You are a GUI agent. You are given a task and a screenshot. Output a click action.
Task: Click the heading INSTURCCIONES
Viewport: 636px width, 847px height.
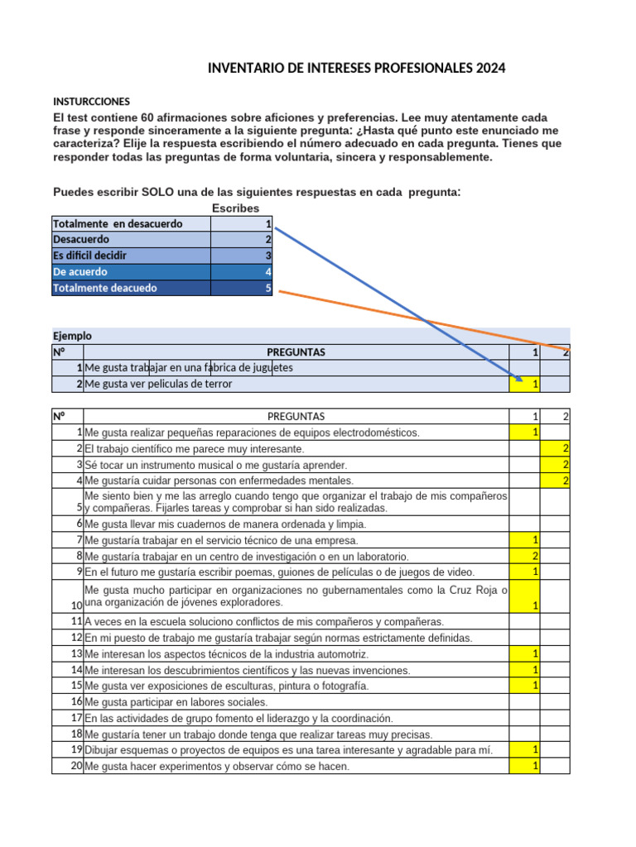point(89,100)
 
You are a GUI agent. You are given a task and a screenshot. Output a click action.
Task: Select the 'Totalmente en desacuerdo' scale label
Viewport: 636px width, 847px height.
point(118,224)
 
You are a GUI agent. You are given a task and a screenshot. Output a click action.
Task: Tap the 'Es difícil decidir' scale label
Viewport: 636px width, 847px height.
point(89,256)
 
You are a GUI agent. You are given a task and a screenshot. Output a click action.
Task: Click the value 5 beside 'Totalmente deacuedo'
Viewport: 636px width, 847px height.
point(267,288)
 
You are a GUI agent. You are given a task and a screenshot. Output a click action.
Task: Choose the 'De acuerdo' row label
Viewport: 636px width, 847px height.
point(80,271)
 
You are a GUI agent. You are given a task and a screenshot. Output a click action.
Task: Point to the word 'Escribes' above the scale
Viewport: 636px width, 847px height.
point(235,208)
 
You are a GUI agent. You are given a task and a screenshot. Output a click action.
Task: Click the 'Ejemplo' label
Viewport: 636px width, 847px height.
point(72,336)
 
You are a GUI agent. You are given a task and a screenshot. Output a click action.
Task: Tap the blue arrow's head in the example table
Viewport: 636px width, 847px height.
point(518,380)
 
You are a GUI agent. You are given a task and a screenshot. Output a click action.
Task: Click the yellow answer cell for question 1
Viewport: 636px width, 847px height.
point(535,433)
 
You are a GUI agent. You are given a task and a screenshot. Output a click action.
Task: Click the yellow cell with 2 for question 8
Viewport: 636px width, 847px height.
point(535,556)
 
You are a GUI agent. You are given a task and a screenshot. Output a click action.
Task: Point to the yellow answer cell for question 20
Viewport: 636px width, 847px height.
point(535,766)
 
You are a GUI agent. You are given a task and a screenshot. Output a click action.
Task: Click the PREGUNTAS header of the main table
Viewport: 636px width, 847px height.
point(296,416)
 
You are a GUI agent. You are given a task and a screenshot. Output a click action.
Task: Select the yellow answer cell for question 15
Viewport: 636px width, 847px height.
point(535,686)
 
